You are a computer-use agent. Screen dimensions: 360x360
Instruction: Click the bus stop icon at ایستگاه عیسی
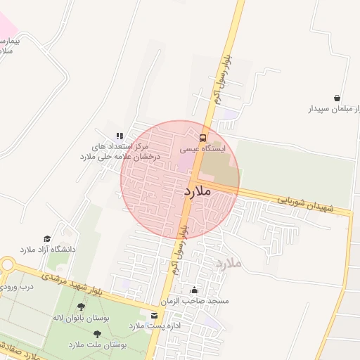point(203,137)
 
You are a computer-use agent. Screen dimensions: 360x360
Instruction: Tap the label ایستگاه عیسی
point(202,149)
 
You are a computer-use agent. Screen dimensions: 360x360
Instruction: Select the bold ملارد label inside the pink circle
point(198,191)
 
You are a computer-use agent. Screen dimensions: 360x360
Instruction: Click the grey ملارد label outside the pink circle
point(229,264)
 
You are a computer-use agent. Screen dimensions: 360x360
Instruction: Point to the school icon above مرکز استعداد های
point(120,136)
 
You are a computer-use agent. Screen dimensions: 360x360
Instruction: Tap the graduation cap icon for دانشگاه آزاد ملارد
point(47,239)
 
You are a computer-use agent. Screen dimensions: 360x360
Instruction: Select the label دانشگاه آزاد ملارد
point(47,250)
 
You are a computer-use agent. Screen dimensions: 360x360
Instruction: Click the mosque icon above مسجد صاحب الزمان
point(194,290)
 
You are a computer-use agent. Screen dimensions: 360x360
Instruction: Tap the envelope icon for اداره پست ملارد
point(154,315)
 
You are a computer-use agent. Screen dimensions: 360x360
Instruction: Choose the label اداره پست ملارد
point(146,326)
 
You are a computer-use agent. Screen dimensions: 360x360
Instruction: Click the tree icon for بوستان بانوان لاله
point(82,307)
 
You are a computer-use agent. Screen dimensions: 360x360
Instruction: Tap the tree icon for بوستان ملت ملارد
point(97,334)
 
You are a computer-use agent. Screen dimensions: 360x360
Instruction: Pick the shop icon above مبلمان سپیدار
point(337,98)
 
